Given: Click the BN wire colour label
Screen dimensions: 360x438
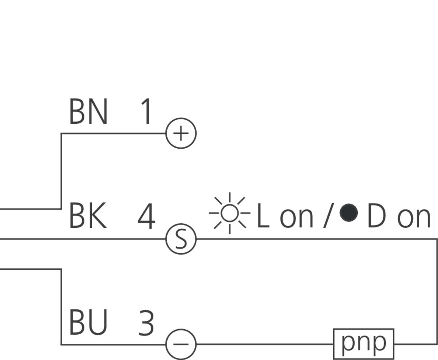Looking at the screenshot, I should tap(88, 112).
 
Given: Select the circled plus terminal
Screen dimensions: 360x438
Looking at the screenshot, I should tap(181, 133).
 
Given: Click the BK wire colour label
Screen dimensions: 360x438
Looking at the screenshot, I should tap(88, 217).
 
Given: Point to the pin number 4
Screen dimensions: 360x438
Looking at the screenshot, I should tap(146, 217).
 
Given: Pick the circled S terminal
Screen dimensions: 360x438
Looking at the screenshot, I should tap(181, 239).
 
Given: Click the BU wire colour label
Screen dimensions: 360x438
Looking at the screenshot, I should tap(88, 322).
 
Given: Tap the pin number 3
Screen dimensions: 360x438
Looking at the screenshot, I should tap(146, 323).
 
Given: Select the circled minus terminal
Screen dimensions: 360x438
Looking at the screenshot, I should tap(181, 344).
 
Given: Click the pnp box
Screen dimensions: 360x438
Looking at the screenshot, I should tap(363, 344).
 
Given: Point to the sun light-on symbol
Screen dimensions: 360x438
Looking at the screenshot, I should tap(229, 213).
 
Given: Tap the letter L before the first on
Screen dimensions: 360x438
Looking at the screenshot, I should tap(263, 217).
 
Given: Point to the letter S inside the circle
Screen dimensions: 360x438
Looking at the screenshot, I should tap(181, 239).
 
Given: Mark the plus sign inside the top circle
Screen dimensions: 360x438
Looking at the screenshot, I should tap(181, 133).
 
